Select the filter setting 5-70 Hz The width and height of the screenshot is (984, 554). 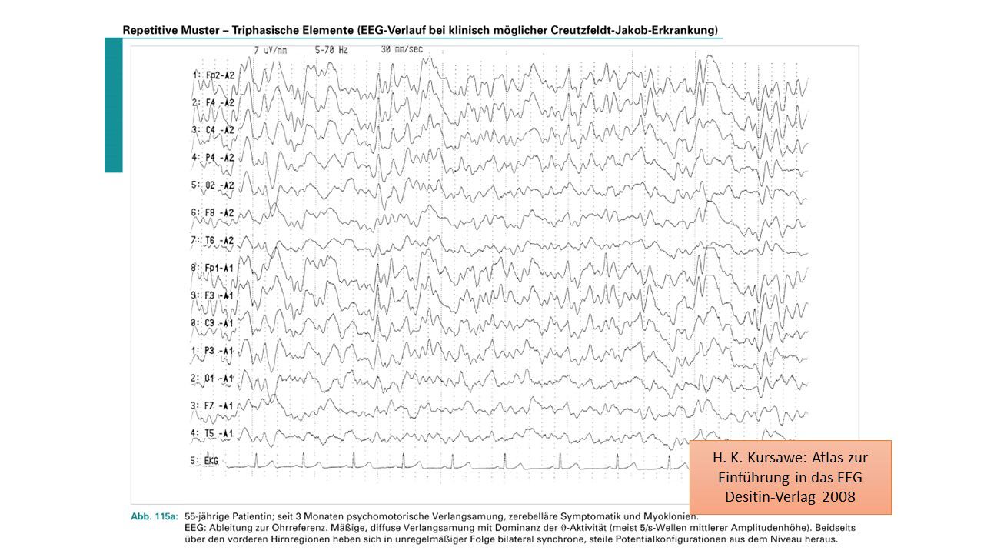331,50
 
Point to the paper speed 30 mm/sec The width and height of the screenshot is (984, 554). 401,50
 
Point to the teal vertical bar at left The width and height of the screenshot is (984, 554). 114,105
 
